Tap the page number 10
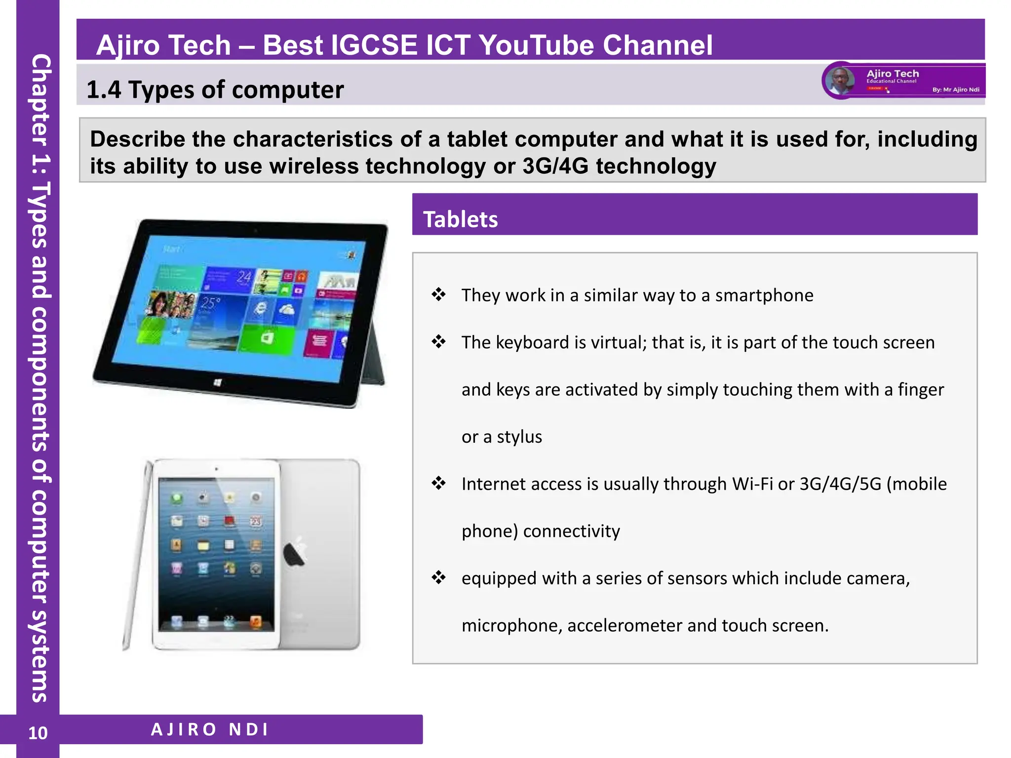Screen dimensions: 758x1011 tap(38, 733)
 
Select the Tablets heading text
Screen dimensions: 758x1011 tap(460, 219)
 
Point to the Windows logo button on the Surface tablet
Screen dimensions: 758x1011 tap(217, 382)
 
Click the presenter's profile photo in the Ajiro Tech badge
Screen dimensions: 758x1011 tap(840, 80)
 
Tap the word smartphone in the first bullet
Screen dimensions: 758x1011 tap(764, 295)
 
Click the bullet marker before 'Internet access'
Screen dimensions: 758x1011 tap(438, 483)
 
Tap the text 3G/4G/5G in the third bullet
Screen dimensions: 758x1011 tap(840, 484)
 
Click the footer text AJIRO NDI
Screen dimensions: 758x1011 tap(209, 729)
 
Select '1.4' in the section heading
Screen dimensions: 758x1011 tap(103, 90)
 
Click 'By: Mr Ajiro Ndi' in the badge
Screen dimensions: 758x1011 tap(956, 90)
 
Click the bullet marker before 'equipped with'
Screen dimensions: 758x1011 tap(438, 577)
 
